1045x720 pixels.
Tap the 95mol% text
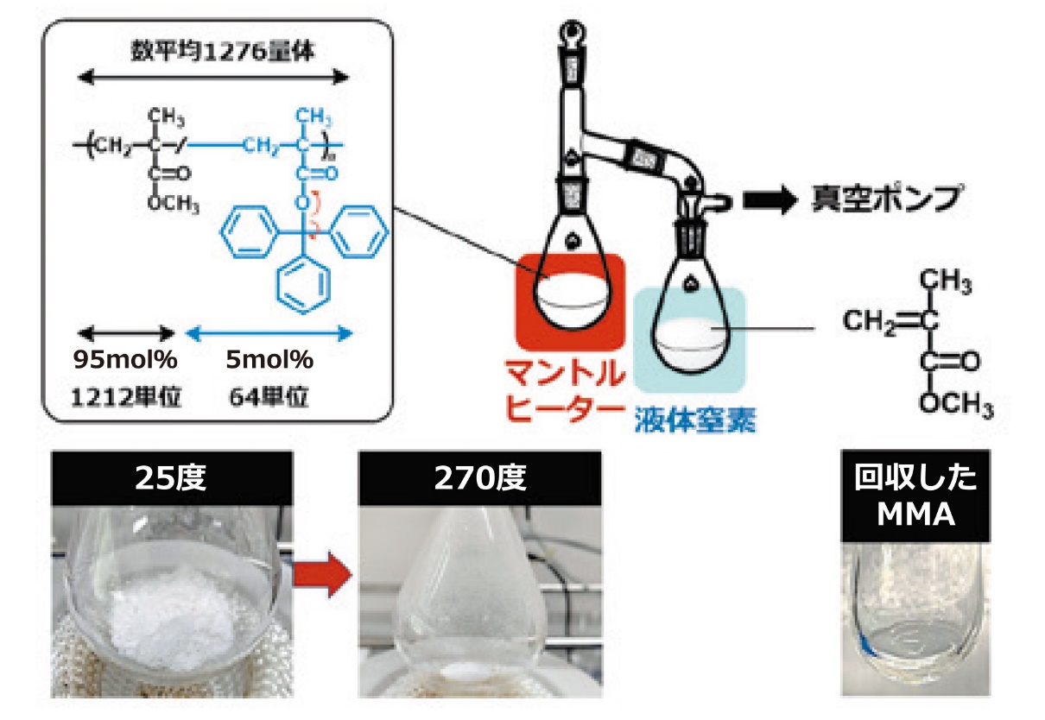pyautogui.click(x=125, y=357)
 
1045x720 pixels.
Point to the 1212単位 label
pyautogui.click(x=126, y=397)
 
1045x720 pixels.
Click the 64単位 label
pyautogui.click(x=270, y=397)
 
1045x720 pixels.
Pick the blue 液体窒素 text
pyautogui.click(x=694, y=420)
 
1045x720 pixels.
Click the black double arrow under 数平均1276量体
pyautogui.click(x=215, y=77)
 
